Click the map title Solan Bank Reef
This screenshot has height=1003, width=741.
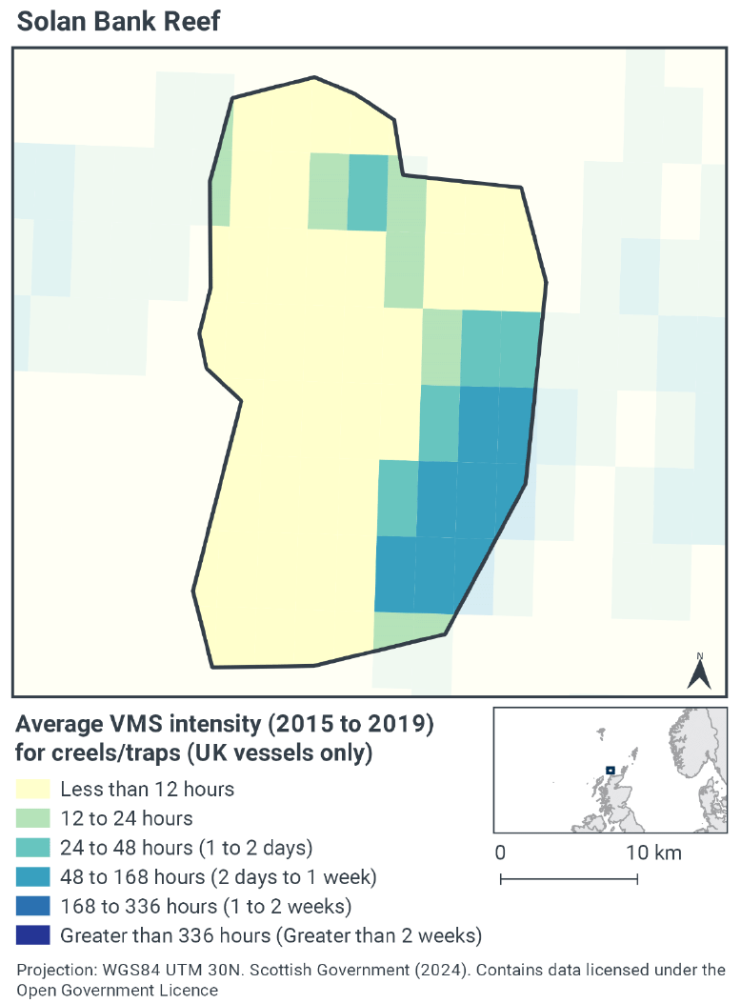(119, 21)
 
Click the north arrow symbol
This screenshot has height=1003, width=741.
(700, 672)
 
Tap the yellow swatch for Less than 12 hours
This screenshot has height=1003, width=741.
(31, 789)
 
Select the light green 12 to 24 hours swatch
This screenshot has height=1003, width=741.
(31, 818)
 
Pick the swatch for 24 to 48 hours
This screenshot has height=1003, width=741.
(31, 847)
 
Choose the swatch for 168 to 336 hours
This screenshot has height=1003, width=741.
(31, 905)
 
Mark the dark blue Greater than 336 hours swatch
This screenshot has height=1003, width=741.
(31, 934)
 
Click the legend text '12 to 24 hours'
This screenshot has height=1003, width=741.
(126, 818)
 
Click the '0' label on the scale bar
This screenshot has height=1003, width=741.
(501, 853)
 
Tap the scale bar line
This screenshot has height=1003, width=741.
(569, 878)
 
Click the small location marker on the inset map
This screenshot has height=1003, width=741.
(610, 770)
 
